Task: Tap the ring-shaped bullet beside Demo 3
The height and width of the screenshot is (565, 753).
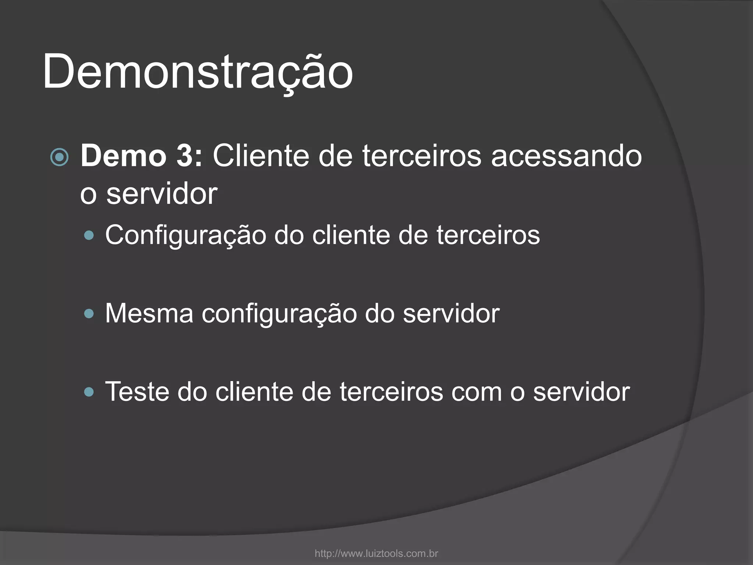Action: pyautogui.click(x=59, y=157)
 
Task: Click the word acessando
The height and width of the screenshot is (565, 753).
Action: pyautogui.click(x=567, y=156)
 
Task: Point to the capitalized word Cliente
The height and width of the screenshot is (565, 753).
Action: pyautogui.click(x=261, y=156)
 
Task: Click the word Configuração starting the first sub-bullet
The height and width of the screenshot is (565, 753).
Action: pyautogui.click(x=186, y=235)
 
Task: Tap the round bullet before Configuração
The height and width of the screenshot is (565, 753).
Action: pyautogui.click(x=89, y=235)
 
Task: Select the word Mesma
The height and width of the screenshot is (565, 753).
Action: pyautogui.click(x=149, y=313)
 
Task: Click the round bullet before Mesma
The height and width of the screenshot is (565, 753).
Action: pyautogui.click(x=89, y=314)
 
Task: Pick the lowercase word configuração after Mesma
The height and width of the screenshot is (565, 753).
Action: pyautogui.click(x=279, y=313)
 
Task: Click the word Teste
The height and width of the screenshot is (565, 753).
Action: pyautogui.click(x=137, y=392)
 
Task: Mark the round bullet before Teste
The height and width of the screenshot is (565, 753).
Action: pyautogui.click(x=89, y=392)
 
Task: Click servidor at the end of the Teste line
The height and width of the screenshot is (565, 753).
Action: pyautogui.click(x=581, y=392)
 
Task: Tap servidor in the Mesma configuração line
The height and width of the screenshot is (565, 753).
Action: pyautogui.click(x=451, y=313)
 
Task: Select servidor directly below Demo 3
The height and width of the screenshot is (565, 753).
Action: pyautogui.click(x=162, y=194)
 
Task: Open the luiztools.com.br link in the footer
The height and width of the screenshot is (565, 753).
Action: pyautogui.click(x=376, y=553)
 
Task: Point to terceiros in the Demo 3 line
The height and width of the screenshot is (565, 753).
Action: pyautogui.click(x=422, y=156)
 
